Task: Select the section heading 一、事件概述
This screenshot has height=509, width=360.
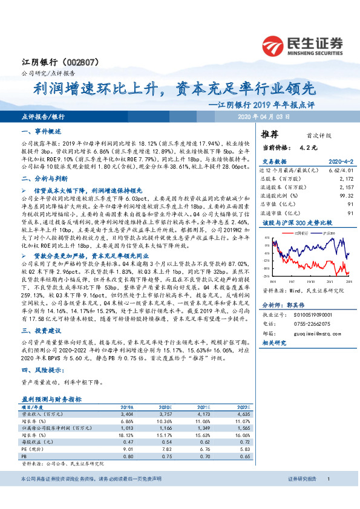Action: pyautogui.click(x=42, y=131)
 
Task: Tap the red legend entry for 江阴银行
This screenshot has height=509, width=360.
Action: pyautogui.click(x=299, y=232)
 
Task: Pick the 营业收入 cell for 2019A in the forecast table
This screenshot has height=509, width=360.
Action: pyautogui.click(x=126, y=415)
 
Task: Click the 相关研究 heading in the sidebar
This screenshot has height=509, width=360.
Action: pyautogui.click(x=276, y=343)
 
